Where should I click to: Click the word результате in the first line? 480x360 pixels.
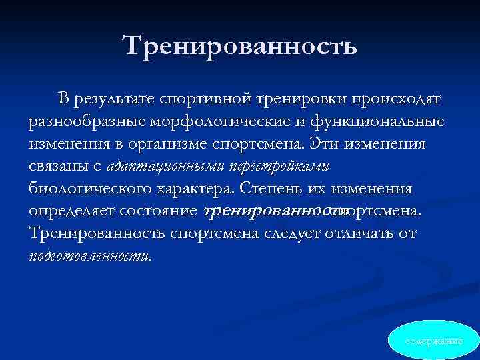coord(117,99)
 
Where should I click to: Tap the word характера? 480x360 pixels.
coord(193,189)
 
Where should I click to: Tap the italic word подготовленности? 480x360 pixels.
coord(89,256)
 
